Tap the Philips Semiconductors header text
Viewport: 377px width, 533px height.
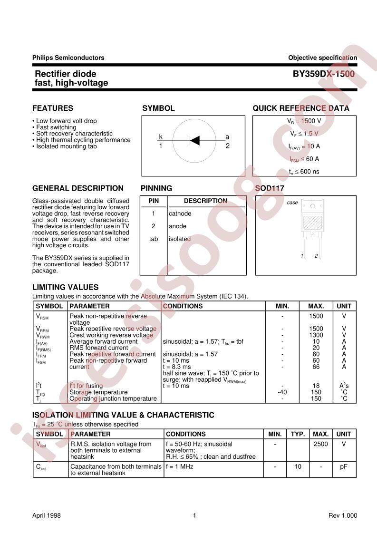(68, 58)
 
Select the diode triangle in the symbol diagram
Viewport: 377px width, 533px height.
(194, 140)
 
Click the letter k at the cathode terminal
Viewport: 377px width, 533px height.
(161, 137)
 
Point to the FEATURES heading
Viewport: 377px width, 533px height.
(53, 108)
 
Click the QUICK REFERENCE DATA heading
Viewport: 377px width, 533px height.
(300, 108)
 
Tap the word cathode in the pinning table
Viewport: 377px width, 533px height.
(180, 213)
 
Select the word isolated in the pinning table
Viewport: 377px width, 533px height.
(180, 239)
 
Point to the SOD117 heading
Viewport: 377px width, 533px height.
(270, 188)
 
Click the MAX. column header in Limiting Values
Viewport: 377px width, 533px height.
(316, 306)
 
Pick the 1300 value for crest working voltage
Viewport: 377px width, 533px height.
(316, 335)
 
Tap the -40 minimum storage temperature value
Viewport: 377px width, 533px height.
(282, 392)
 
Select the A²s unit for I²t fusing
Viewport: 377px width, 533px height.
(344, 386)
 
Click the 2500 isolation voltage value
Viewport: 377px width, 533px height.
(321, 444)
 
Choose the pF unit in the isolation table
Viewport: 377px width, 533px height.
(344, 466)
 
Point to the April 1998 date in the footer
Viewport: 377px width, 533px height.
(47, 515)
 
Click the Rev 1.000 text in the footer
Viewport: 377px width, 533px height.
(342, 515)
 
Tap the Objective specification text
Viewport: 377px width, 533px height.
(322, 58)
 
